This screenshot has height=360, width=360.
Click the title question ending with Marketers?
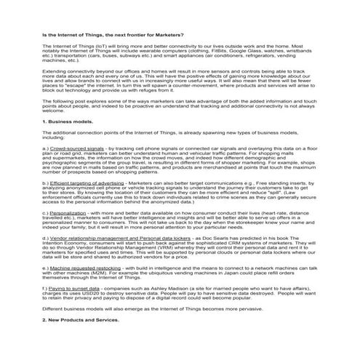(102, 35)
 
